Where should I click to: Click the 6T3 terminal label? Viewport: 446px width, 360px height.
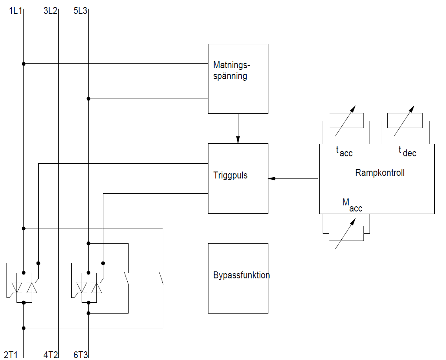80,355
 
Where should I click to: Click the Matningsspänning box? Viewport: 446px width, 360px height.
238,79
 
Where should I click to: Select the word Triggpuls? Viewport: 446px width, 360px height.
230,176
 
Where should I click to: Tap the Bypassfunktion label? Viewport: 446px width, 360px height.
241,275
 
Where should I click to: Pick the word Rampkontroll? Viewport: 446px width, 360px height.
380,173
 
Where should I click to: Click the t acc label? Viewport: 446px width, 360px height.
344,152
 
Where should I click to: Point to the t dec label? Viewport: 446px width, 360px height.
407,151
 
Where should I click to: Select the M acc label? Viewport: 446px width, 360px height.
352,205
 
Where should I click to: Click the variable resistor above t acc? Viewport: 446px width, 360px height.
346,120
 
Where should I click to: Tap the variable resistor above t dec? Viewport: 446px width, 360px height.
405,120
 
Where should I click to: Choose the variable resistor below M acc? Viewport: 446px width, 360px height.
346,233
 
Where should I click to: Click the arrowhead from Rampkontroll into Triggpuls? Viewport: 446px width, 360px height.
271,178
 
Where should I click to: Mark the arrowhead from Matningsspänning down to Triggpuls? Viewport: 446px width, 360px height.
238,140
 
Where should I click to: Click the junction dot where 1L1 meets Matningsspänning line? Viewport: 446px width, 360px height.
23,64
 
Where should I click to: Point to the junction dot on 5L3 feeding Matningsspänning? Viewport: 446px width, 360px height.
88,99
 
